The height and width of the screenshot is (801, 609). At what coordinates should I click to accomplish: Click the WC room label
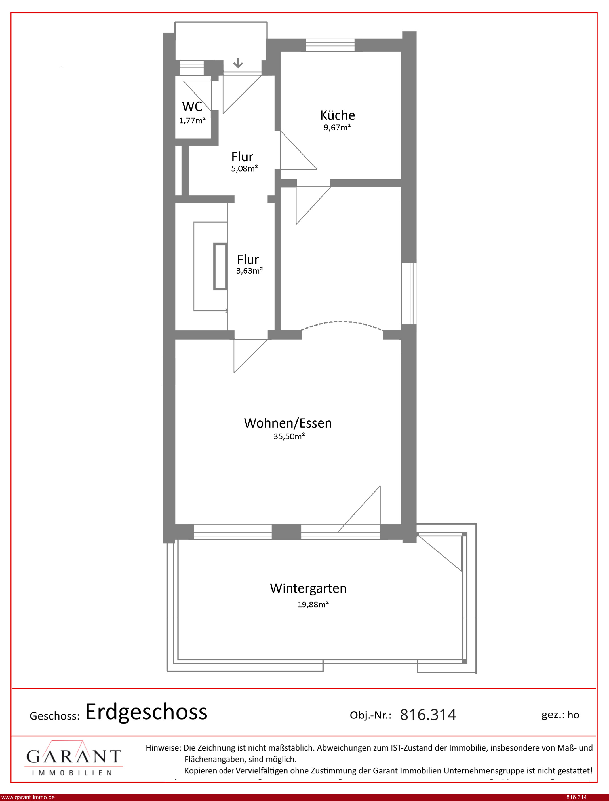(x=192, y=107)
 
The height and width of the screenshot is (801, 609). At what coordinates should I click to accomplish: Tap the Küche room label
(x=338, y=115)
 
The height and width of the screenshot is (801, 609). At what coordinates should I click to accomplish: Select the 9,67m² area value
(x=337, y=127)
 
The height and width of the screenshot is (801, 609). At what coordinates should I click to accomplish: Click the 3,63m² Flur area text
(x=249, y=270)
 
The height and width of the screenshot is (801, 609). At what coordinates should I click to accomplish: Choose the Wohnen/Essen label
(x=288, y=423)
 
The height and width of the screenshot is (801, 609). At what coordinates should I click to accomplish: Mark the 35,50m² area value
(x=289, y=436)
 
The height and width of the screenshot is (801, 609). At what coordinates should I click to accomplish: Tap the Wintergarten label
(x=308, y=588)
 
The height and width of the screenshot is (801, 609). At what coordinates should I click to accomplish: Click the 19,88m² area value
(x=313, y=604)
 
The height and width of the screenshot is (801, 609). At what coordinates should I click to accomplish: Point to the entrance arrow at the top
(x=238, y=63)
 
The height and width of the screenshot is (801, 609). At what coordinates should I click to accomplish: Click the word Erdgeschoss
(x=146, y=711)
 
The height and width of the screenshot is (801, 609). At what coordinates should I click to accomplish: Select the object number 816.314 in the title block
(x=428, y=715)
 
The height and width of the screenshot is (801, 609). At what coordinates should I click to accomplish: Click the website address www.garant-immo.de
(x=28, y=797)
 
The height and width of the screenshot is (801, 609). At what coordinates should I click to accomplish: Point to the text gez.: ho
(x=560, y=715)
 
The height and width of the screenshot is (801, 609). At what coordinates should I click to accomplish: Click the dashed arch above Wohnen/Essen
(x=342, y=321)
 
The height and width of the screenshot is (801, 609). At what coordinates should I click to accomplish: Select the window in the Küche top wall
(x=330, y=45)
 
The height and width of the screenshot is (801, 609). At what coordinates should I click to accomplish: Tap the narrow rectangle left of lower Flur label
(x=220, y=267)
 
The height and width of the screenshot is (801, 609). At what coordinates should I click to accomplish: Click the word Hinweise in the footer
(x=163, y=748)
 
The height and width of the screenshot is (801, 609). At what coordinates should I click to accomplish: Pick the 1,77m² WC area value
(x=192, y=120)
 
